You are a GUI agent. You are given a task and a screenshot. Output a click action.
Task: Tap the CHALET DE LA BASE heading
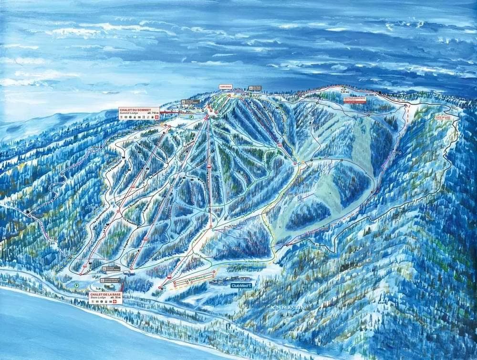pyautogui.click(x=104, y=294)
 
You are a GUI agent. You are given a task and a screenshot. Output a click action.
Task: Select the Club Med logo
pyautogui.click(x=240, y=286)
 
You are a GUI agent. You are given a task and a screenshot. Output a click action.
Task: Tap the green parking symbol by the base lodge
pyautogui.click(x=77, y=285)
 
